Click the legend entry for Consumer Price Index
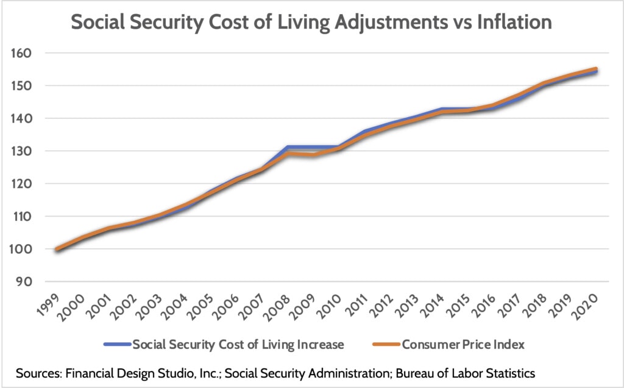tap(463, 344)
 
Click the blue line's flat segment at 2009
tap(313, 147)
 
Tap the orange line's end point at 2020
tap(595, 70)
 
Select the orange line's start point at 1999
tap(57, 249)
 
